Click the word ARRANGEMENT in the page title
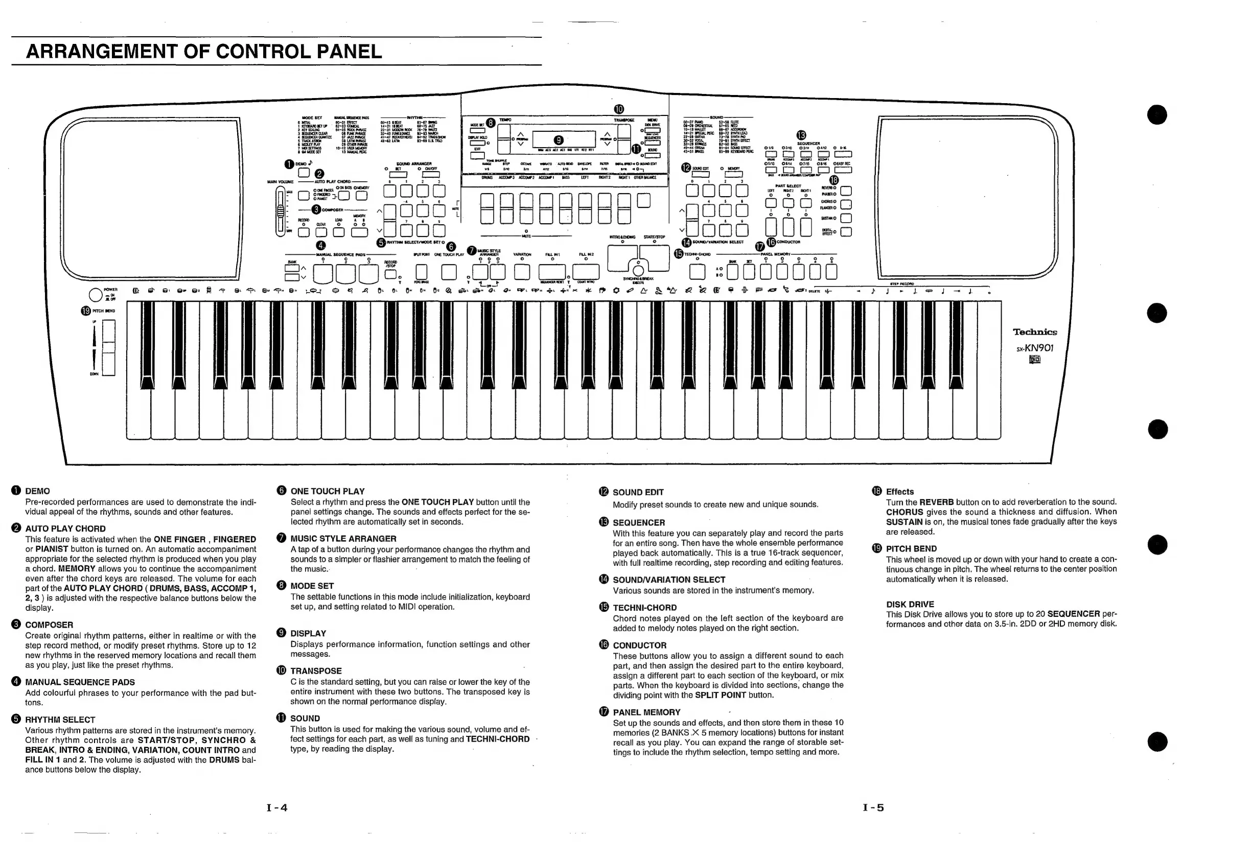point(102,52)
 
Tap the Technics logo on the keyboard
point(1034,332)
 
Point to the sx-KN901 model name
point(1034,348)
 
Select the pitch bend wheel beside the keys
point(108,347)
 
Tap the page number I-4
point(277,807)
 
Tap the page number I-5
point(873,807)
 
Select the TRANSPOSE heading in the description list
point(316,671)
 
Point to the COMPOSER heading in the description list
point(49,625)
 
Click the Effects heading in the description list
point(899,491)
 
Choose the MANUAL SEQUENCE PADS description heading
point(80,682)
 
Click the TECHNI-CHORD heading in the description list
point(644,608)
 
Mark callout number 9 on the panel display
point(559,140)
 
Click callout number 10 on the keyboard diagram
point(619,109)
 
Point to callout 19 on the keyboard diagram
point(85,311)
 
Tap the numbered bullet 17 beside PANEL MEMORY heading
point(604,711)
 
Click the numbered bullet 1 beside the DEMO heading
point(16,490)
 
